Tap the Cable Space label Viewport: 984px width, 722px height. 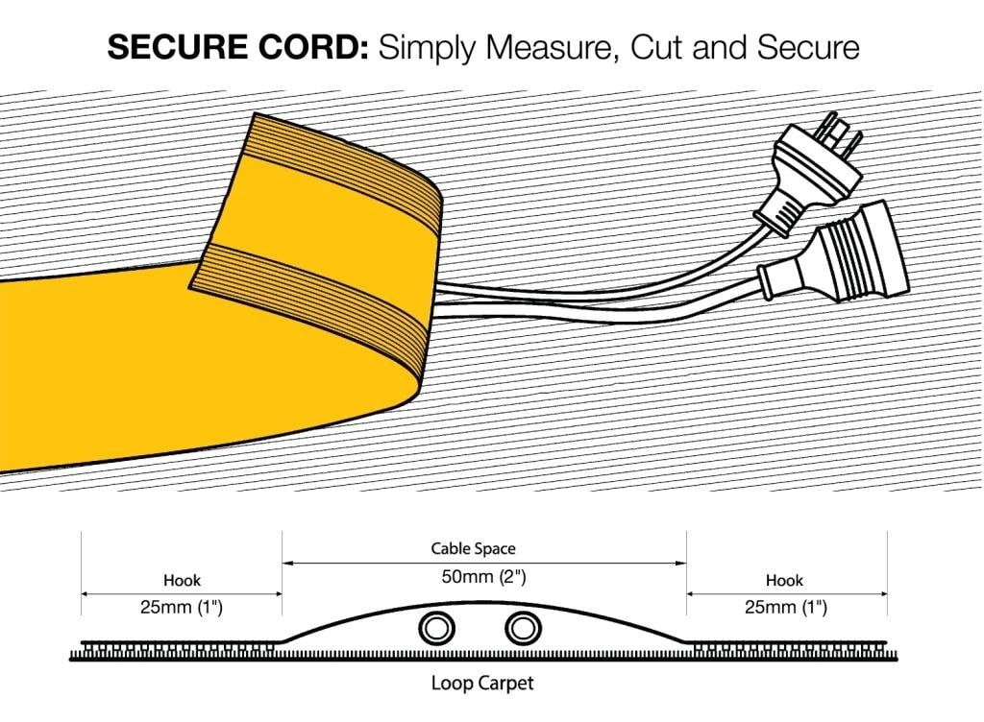[x=473, y=549]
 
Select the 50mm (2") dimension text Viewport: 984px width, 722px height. [x=483, y=577]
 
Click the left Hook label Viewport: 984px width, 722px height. [x=182, y=580]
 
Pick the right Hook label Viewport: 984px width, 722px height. [x=784, y=580]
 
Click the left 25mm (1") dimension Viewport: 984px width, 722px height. [x=182, y=608]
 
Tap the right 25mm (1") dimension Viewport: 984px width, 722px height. [x=786, y=608]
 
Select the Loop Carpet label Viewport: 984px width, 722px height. [x=482, y=684]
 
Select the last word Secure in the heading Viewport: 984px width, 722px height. [x=808, y=47]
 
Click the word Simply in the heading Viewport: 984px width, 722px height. [x=426, y=48]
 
